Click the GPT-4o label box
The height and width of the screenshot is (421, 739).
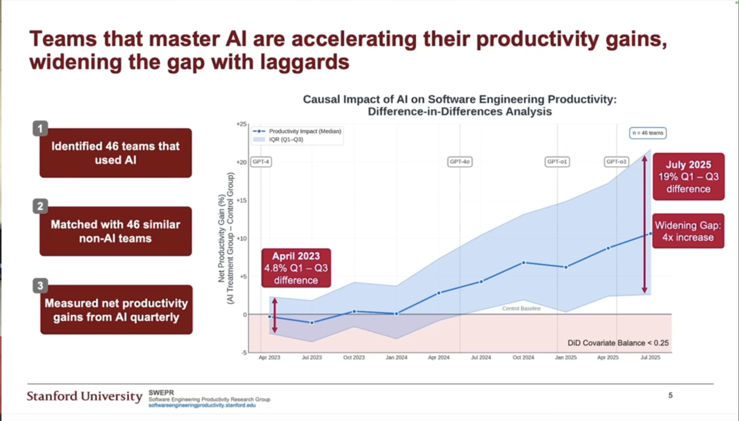click(460, 162)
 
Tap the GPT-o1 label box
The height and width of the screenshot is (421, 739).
click(557, 162)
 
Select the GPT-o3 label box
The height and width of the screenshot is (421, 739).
click(616, 162)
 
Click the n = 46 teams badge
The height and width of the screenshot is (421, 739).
click(648, 133)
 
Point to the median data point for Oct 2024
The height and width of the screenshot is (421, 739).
click(524, 263)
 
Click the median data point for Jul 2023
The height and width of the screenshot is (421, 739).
click(312, 323)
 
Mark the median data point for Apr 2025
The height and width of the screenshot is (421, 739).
click(608, 248)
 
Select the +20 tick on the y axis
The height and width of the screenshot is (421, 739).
click(241, 162)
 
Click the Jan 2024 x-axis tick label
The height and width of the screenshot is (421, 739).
click(396, 358)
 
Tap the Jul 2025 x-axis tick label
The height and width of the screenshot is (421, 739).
click(650, 358)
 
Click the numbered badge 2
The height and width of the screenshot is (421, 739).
click(40, 206)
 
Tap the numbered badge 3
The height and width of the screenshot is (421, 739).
click(40, 285)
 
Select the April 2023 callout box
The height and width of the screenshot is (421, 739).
click(296, 268)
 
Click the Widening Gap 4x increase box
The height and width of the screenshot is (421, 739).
click(688, 231)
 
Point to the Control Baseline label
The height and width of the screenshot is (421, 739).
click(521, 309)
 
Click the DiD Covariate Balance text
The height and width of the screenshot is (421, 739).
click(618, 343)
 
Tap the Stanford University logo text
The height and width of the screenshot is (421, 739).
click(84, 396)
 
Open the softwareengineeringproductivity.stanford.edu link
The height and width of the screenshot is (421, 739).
click(202, 405)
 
